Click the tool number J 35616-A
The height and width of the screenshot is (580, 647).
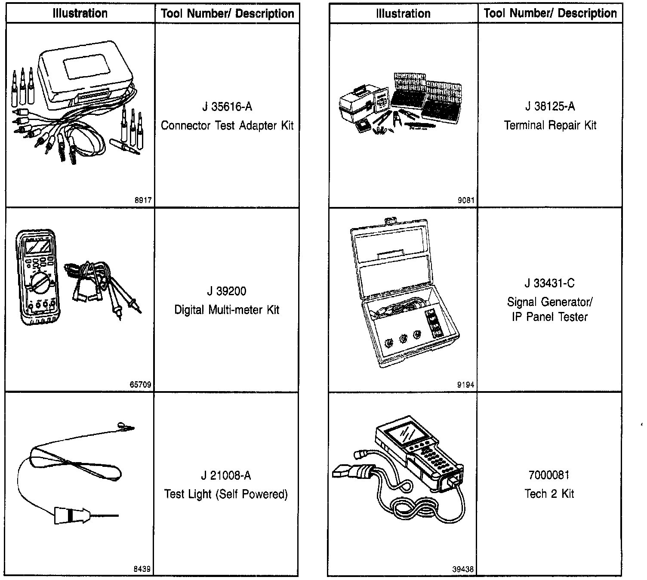click(x=227, y=107)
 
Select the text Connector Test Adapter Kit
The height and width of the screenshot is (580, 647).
click(x=227, y=126)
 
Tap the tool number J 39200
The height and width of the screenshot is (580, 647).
click(x=227, y=291)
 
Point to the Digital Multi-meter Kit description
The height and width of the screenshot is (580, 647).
click(x=227, y=310)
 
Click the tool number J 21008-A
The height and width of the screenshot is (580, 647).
click(x=226, y=475)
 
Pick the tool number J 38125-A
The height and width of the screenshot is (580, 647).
click(x=550, y=106)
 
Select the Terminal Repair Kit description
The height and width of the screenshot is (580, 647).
click(x=550, y=125)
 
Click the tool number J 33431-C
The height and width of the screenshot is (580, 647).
click(x=549, y=283)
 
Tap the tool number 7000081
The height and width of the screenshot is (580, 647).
click(x=549, y=475)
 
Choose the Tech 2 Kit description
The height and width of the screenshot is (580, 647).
click(x=549, y=494)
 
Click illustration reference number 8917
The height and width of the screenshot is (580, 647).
click(x=143, y=200)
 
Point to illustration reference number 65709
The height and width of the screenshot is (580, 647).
click(x=141, y=385)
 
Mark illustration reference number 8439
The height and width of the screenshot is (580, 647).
click(x=142, y=569)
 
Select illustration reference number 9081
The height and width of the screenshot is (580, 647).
click(x=466, y=200)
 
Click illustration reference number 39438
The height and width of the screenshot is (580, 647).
click(x=463, y=569)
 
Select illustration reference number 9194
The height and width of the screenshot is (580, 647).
click(x=466, y=385)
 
